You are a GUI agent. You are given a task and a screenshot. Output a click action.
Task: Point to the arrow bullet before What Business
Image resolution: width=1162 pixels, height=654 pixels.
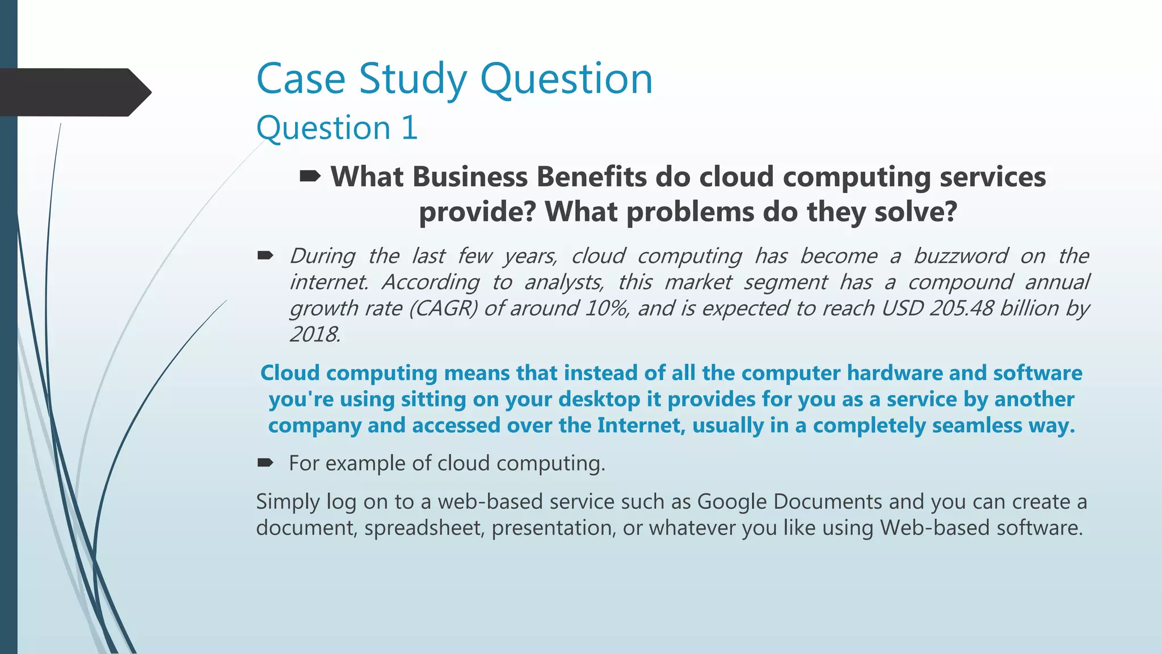point(310,177)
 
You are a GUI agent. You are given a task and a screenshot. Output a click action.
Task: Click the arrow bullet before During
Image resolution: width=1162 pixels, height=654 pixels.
point(265,255)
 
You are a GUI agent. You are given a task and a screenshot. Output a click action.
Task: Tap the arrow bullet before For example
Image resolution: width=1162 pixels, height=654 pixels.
point(265,463)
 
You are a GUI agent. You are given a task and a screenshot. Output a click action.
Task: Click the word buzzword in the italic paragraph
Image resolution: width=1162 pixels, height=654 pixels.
point(961,256)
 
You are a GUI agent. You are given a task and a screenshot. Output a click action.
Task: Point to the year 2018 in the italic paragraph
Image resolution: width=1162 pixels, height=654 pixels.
point(314,334)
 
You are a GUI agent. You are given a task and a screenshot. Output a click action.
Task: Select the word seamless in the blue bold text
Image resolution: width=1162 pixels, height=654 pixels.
point(977,425)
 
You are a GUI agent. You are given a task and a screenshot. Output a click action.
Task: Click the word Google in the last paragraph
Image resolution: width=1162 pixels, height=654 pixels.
point(731,502)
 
